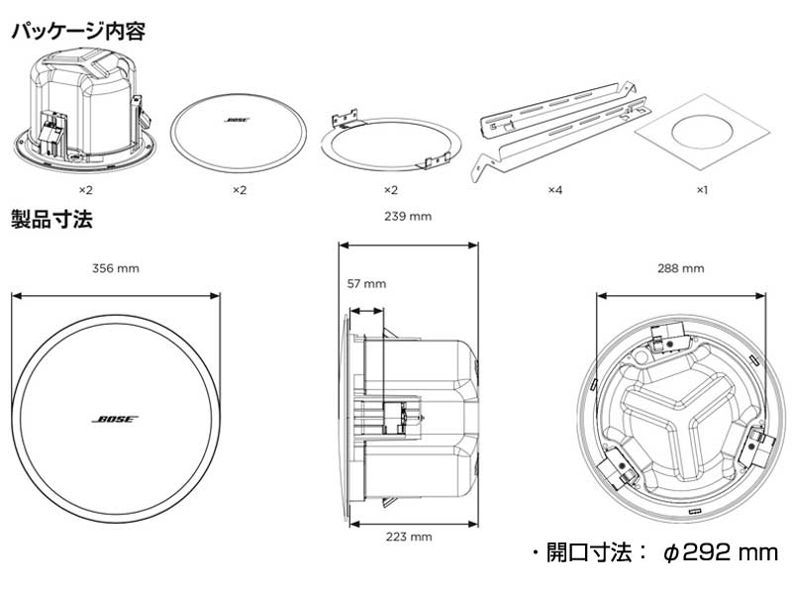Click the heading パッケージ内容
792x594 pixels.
79,31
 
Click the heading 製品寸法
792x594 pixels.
51,219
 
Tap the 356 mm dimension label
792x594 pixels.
115,267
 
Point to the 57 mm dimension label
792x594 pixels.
366,283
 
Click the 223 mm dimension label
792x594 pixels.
408,537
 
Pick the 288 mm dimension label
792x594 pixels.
680,267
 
